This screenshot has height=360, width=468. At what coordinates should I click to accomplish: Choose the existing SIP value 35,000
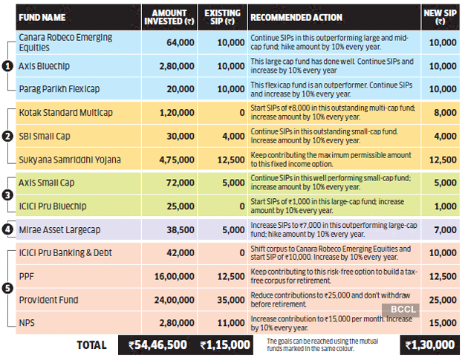pyautogui.click(x=221, y=299)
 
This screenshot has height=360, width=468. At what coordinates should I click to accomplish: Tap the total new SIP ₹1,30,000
pyautogui.click(x=429, y=344)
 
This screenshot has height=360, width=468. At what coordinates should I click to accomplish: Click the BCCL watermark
pyautogui.click(x=398, y=311)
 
